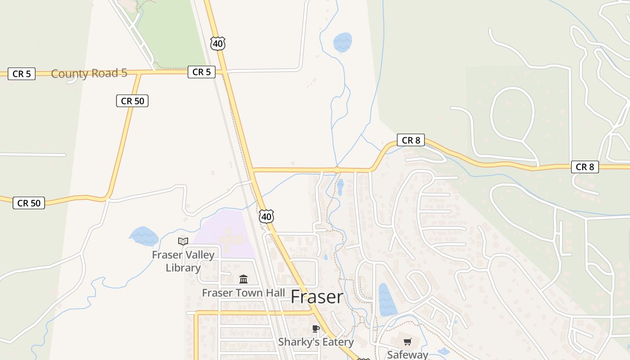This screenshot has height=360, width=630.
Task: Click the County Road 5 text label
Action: pos(89,73)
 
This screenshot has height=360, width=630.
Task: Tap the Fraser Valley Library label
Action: pos(183,261)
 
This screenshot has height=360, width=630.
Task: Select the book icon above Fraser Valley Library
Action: pos(183,242)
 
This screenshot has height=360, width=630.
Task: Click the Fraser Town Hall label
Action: pos(243,293)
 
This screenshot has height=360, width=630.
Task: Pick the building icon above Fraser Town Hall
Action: pos(243,279)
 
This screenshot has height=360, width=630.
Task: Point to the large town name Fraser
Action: pos(317,297)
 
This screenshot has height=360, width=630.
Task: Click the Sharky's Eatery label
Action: pos(315,342)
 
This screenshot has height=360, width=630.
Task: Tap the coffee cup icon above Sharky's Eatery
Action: pos(316,328)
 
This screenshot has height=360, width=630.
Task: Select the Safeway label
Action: pos(408,354)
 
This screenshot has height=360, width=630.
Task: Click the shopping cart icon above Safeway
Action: pos(408,342)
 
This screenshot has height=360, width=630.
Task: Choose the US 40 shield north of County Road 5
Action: pos(217,44)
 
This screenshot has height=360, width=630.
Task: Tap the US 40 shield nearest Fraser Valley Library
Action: pos(266,217)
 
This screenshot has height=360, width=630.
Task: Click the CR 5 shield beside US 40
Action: pos(201,72)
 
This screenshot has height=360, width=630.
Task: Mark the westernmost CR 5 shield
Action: pos(22,74)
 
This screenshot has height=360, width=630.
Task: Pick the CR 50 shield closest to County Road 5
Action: pos(132,101)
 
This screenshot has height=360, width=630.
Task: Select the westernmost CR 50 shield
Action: pos(29,203)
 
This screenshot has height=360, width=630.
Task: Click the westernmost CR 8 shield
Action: pos(410,140)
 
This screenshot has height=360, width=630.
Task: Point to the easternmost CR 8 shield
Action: pos(585,167)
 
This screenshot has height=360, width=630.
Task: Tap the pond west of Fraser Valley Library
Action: pos(144,236)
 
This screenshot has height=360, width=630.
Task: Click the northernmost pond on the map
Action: pos(342,42)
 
